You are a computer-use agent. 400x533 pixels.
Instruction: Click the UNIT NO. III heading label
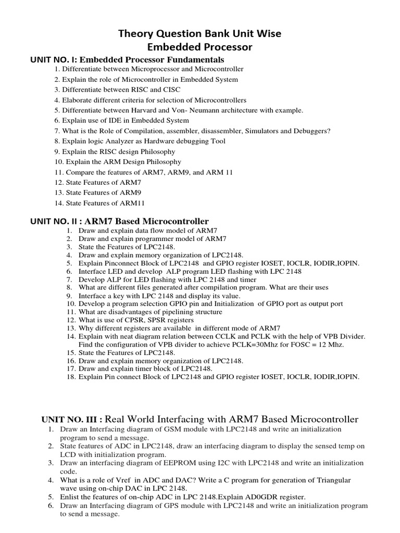click(x=72, y=420)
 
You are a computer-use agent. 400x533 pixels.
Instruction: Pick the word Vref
click(x=136, y=479)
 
